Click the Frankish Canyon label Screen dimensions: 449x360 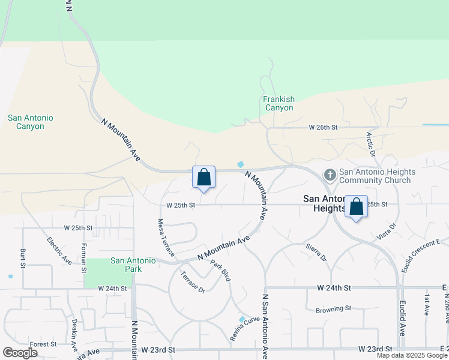279,103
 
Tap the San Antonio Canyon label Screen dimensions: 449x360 30,122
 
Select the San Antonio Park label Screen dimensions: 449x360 133,265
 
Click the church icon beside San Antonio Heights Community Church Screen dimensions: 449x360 330,175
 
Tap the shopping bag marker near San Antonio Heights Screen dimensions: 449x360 356,207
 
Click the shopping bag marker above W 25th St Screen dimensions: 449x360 203,177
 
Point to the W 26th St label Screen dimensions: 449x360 324,127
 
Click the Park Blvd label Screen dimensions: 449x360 220,271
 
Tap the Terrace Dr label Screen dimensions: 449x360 193,281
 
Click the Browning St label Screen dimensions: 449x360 333,308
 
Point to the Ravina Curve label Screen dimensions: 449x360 244,330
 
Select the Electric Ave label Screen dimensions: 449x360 59,251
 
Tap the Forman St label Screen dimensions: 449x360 84,257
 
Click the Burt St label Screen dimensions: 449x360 22,257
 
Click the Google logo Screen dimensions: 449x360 20,352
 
